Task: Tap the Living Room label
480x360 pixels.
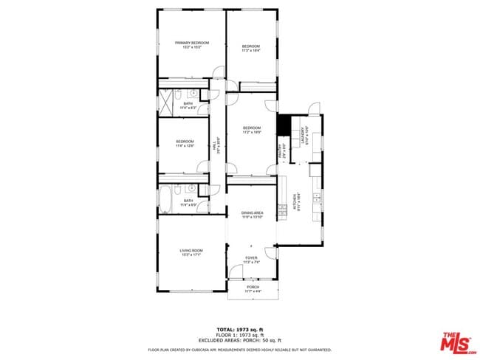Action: click(x=191, y=252)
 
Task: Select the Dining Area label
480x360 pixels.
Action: click(x=252, y=215)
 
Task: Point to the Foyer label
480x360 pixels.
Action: click(x=252, y=260)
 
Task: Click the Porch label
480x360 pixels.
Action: click(x=253, y=288)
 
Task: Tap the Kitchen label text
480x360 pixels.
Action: click(x=298, y=201)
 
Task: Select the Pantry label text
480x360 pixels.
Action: click(x=281, y=152)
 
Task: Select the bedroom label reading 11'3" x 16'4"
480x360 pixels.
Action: click(x=252, y=49)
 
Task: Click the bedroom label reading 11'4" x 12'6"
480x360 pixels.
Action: click(x=185, y=144)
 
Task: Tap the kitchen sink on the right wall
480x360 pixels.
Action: click(x=316, y=198)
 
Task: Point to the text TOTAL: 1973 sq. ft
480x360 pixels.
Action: click(x=239, y=330)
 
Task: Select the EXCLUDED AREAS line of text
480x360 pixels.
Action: click(x=239, y=339)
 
